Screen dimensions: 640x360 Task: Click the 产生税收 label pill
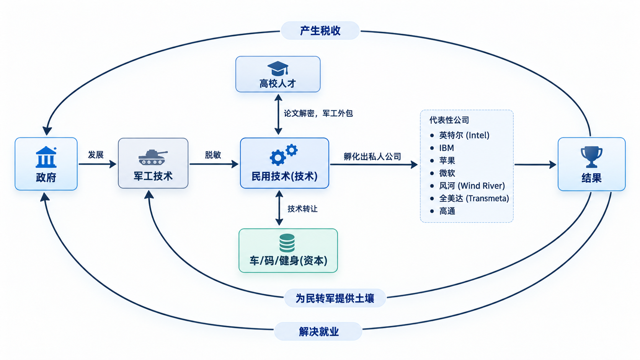pos(320,31)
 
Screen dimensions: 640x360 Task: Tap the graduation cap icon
pos(278,68)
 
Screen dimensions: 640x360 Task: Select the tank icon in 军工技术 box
pos(153,157)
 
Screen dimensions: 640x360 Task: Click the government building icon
pos(46,157)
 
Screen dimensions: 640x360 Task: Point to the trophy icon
pos(591,157)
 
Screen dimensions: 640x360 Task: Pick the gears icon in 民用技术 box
pos(284,155)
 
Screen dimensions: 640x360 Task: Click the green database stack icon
pos(287,243)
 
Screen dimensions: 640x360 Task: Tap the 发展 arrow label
pos(96,155)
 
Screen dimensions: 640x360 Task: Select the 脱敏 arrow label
pos(213,155)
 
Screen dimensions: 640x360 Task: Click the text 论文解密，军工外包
pos(318,113)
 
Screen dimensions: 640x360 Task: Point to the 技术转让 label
pos(302,209)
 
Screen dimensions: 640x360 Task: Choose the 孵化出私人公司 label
pos(372,156)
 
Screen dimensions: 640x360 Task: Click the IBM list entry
pos(446,148)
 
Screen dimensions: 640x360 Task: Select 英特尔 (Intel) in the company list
pos(464,135)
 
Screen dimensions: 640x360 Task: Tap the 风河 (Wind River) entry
pos(472,186)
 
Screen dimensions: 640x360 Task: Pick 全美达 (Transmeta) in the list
pos(474,199)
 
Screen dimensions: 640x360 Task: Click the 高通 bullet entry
pos(447,211)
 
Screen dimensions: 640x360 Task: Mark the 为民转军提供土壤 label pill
pos(335,298)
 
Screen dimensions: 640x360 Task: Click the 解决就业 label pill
pos(318,331)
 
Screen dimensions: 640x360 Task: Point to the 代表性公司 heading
pos(449,120)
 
